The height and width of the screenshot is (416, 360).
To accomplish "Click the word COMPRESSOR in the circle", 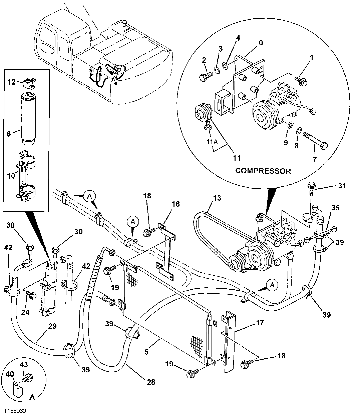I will click(263, 171).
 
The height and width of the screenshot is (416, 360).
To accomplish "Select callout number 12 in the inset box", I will click(12, 82).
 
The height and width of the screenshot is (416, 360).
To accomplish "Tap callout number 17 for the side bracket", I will click(260, 323).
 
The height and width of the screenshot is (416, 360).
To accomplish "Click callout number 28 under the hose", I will click(151, 382).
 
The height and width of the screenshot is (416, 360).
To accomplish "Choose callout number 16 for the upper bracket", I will click(176, 204).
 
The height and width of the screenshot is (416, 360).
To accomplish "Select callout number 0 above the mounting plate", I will click(261, 43).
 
